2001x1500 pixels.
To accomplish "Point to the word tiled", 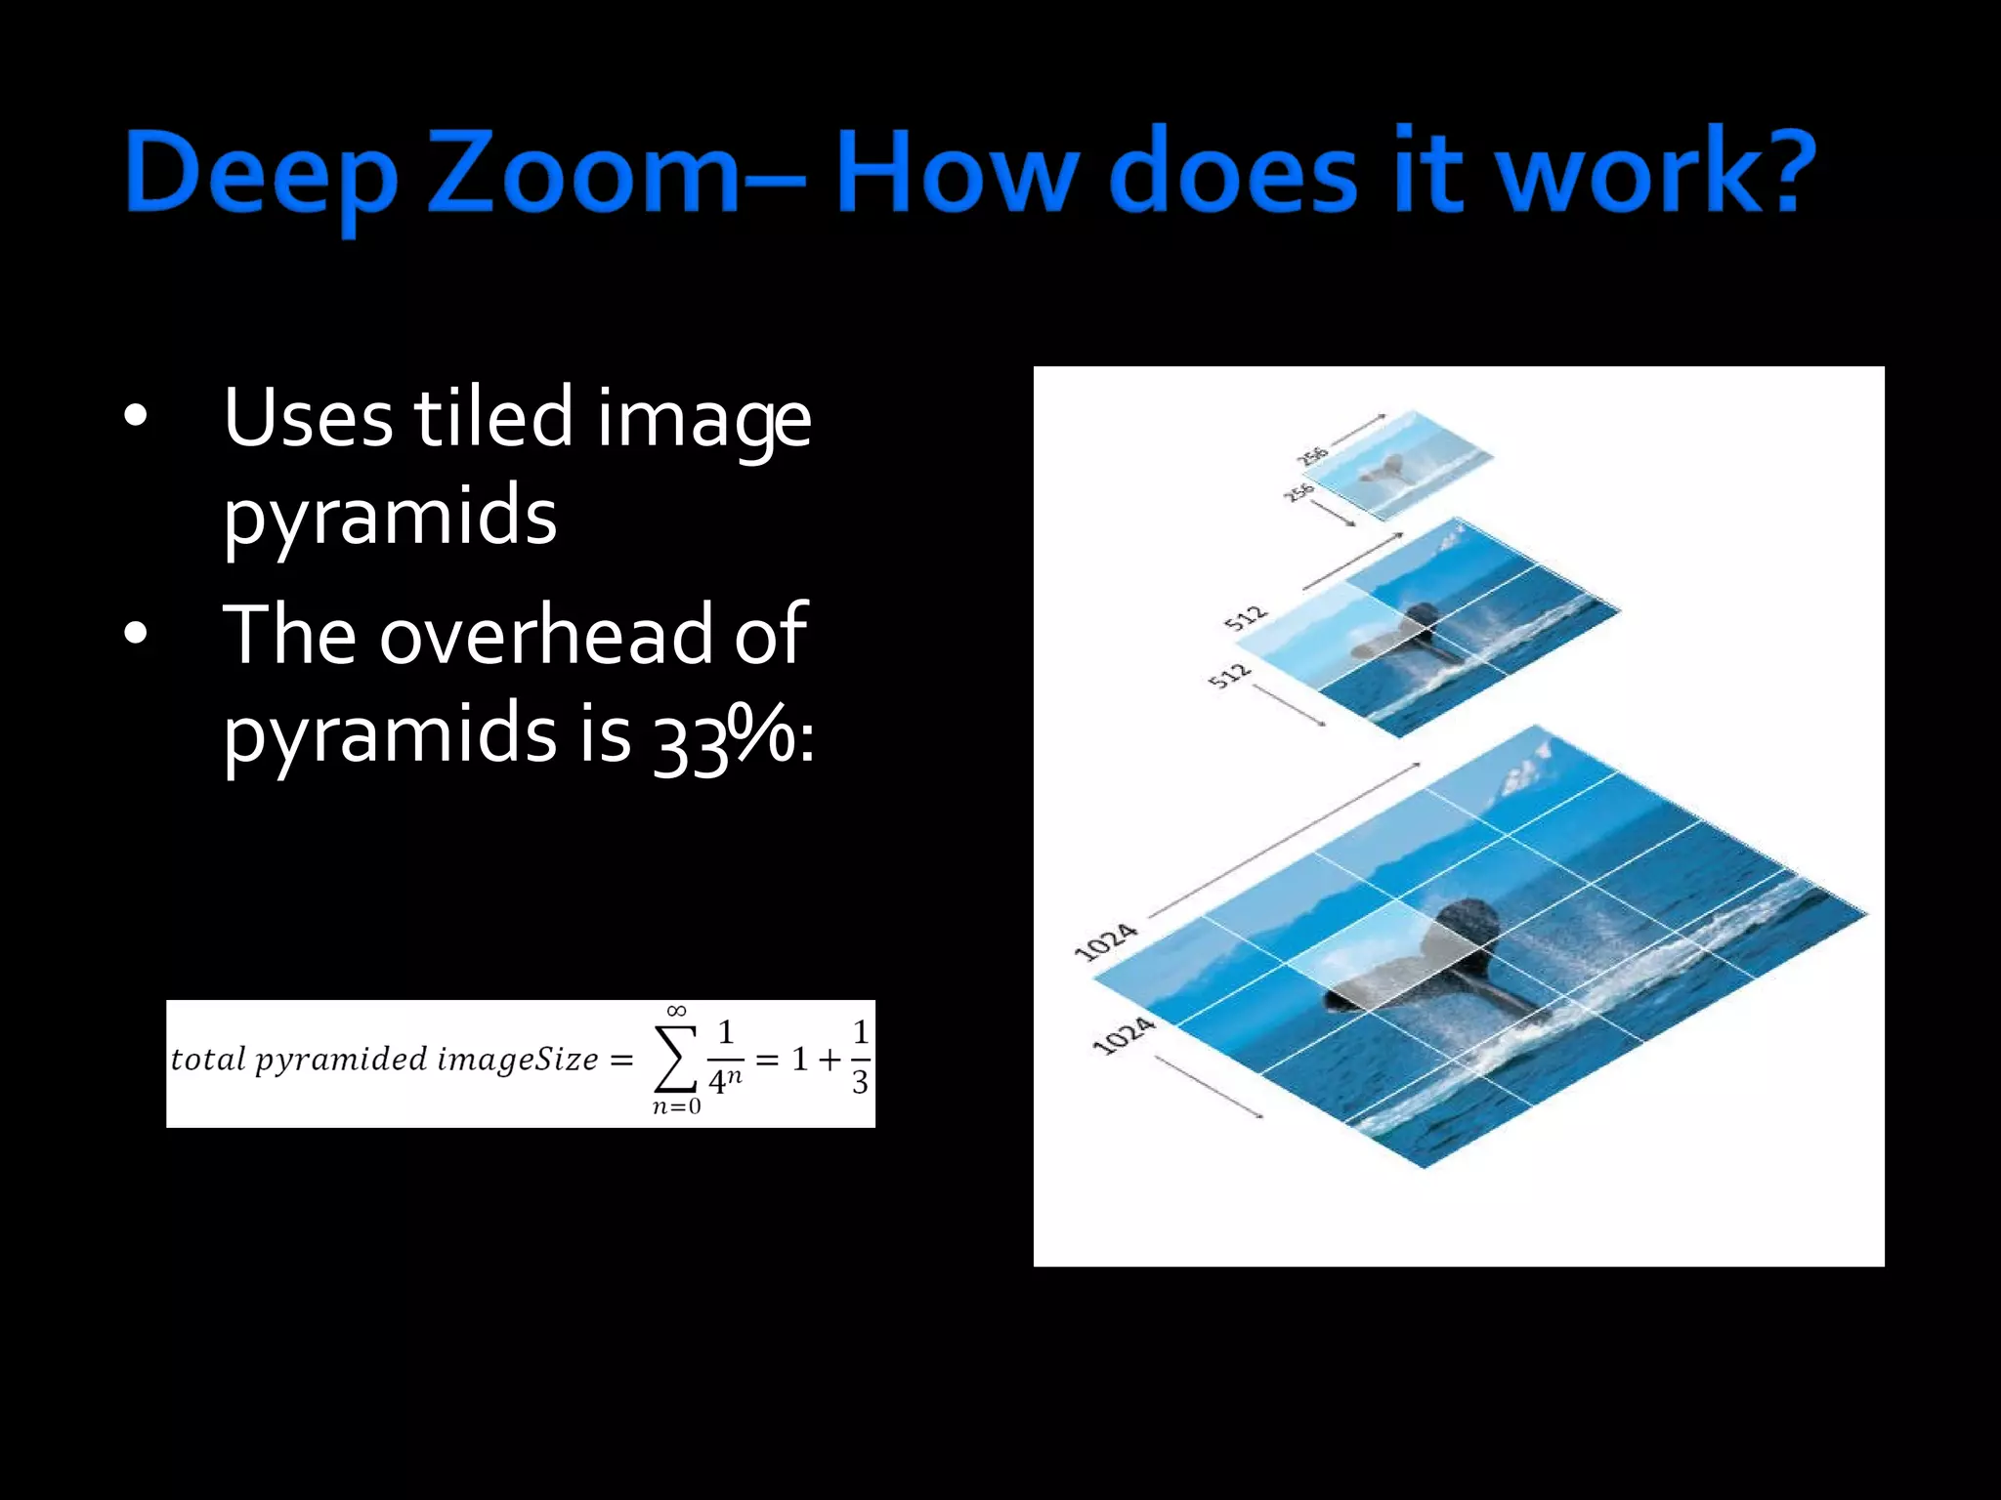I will tap(493, 418).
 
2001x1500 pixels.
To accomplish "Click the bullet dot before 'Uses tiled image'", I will tap(136, 417).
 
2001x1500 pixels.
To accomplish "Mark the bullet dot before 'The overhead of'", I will tap(136, 634).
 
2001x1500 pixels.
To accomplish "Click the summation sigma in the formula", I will tap(675, 1060).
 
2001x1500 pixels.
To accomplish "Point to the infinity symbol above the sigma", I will tap(676, 1011).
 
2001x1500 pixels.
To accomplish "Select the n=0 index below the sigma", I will tap(676, 1107).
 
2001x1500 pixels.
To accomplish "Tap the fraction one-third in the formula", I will tap(859, 1058).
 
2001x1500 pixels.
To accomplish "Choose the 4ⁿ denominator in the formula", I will tap(725, 1081).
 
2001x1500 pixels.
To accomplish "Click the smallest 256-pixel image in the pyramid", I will tap(1397, 465).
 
